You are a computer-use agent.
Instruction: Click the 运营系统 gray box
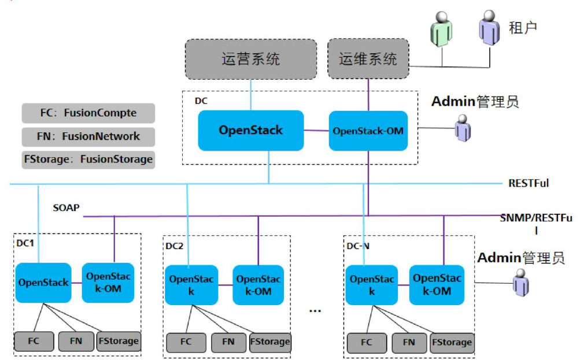pyautogui.click(x=251, y=59)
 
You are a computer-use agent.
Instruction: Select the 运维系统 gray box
pyautogui.click(x=368, y=59)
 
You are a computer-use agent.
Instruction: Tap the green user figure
pyautogui.click(x=441, y=30)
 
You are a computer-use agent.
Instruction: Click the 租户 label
pyautogui.click(x=523, y=28)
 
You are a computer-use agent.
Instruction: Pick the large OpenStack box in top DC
pyautogui.click(x=251, y=130)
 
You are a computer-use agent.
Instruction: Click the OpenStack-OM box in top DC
pyautogui.click(x=368, y=131)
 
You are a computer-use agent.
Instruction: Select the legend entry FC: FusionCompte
pyautogui.click(x=88, y=113)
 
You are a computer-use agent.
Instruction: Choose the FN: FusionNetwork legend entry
pyautogui.click(x=88, y=136)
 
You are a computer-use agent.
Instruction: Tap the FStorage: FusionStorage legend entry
pyautogui.click(x=88, y=159)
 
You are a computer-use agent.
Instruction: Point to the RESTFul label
pyautogui.click(x=528, y=183)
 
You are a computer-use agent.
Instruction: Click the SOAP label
pyautogui.click(x=66, y=207)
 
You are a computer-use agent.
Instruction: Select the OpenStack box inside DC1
pyautogui.click(x=43, y=283)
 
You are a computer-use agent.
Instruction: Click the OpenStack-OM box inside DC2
pyautogui.click(x=258, y=285)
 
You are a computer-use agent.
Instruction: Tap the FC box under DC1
pyautogui.click(x=34, y=342)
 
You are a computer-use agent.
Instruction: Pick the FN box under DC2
pyautogui.click(x=228, y=342)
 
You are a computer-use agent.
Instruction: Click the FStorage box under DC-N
pyautogui.click(x=452, y=342)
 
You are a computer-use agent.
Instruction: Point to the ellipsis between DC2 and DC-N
pyautogui.click(x=315, y=310)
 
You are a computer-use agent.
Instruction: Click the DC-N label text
pyautogui.click(x=358, y=246)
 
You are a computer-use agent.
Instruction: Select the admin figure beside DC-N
pyautogui.click(x=520, y=283)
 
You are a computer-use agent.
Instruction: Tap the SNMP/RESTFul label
pyautogui.click(x=536, y=224)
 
